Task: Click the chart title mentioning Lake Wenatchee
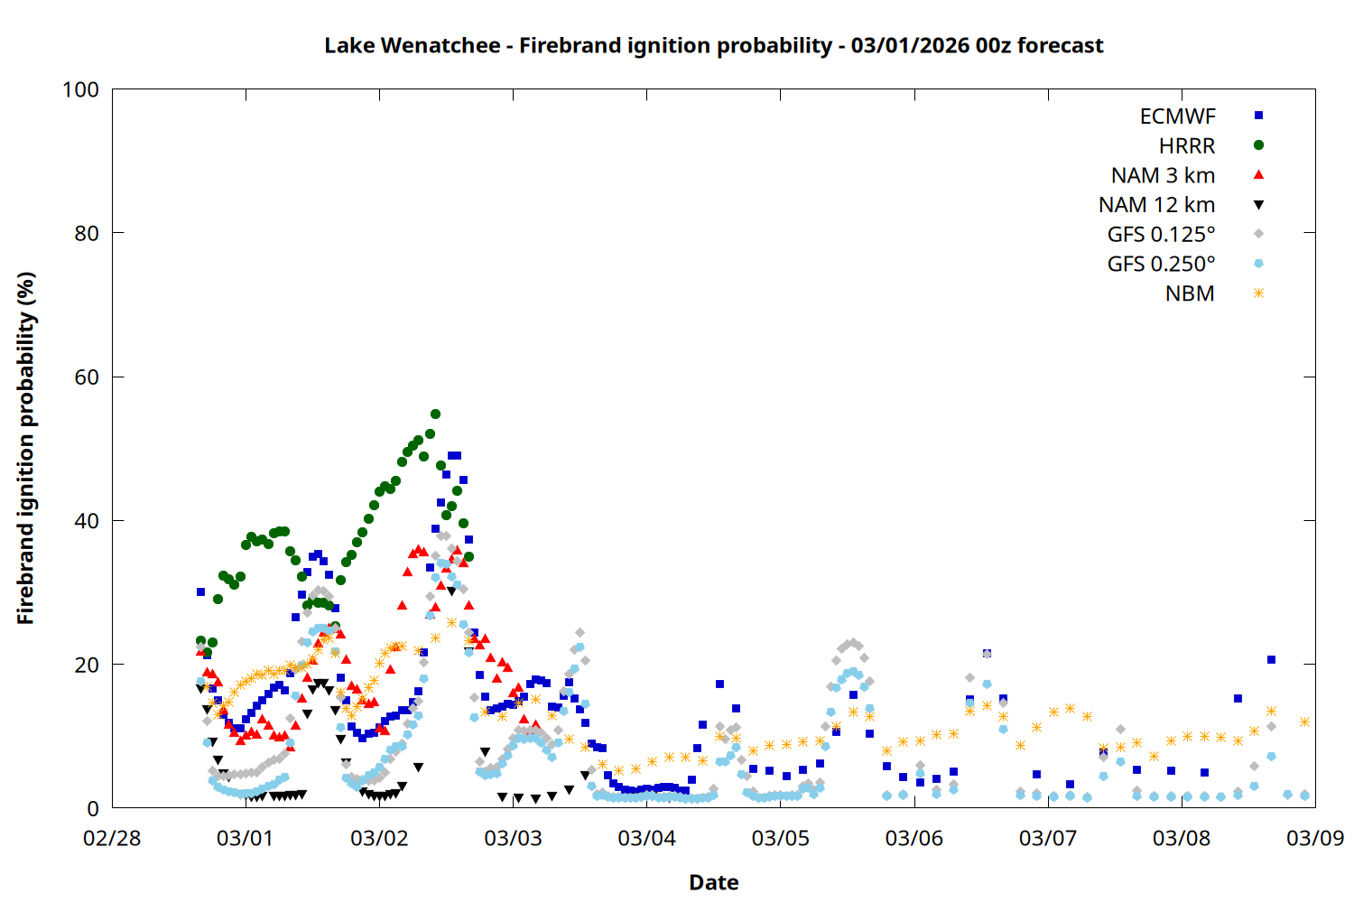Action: [x=713, y=45]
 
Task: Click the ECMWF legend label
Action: [x=1177, y=116]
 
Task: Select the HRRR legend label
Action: [x=1187, y=146]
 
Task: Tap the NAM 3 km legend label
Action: [x=1163, y=175]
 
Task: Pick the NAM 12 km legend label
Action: [x=1156, y=205]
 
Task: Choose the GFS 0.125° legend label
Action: [x=1161, y=235]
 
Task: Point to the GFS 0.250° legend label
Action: [x=1161, y=265]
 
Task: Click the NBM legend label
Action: [x=1190, y=294]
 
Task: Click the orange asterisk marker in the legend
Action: [x=1258, y=293]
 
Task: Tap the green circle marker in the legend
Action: [x=1258, y=145]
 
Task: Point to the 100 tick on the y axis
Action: [x=80, y=89]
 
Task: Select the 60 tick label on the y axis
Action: [x=87, y=377]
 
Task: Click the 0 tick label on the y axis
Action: [x=93, y=809]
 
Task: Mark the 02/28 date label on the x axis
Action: [x=112, y=838]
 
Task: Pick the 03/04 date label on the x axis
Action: [x=646, y=838]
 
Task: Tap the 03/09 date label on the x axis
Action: [x=1314, y=838]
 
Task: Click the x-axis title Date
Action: [x=713, y=882]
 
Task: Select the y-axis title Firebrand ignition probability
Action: [x=25, y=448]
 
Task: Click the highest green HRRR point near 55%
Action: [x=435, y=414]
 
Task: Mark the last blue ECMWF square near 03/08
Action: [x=1271, y=660]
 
